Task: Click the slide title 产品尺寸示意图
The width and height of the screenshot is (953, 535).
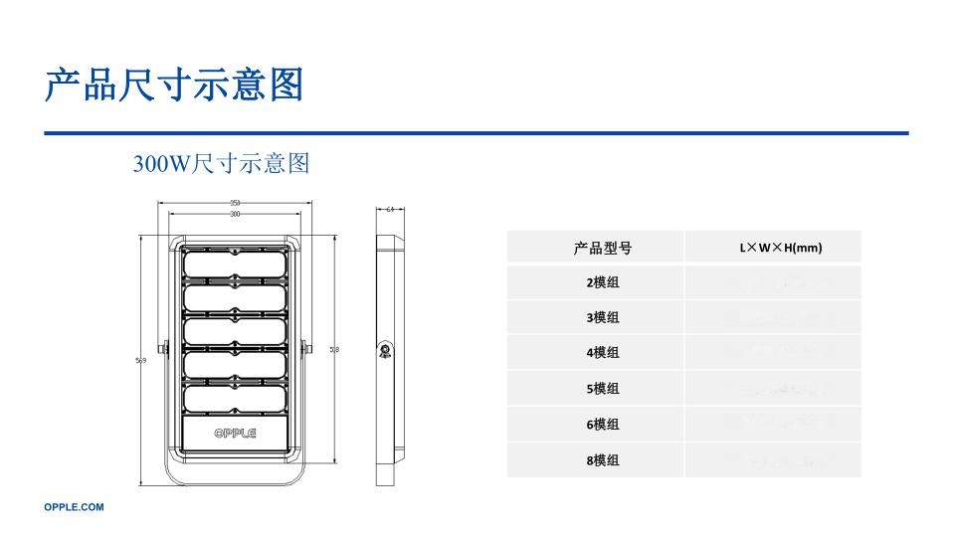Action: (x=173, y=86)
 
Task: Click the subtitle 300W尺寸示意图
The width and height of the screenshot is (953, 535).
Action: (x=221, y=163)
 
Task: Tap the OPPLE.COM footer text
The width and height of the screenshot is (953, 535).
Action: (x=74, y=507)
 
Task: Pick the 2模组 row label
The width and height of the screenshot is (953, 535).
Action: (x=602, y=282)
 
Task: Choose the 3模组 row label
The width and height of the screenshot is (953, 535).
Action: (x=602, y=317)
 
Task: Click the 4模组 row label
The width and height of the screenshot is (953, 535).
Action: (x=602, y=352)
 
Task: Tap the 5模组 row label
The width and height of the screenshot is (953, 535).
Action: (x=602, y=388)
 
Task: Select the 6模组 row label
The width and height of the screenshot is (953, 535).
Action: (x=602, y=424)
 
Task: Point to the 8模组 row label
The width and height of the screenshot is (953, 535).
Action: (x=602, y=460)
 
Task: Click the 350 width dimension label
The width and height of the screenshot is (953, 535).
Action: (x=235, y=203)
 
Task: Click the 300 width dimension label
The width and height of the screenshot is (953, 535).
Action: (x=235, y=214)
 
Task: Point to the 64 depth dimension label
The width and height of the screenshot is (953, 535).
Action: (x=390, y=209)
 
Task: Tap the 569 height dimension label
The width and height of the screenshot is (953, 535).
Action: (x=141, y=361)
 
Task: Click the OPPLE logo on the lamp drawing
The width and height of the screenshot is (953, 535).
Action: (x=235, y=433)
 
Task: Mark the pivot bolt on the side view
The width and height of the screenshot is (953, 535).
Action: (x=383, y=349)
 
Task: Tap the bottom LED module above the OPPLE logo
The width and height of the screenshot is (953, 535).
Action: (x=235, y=398)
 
